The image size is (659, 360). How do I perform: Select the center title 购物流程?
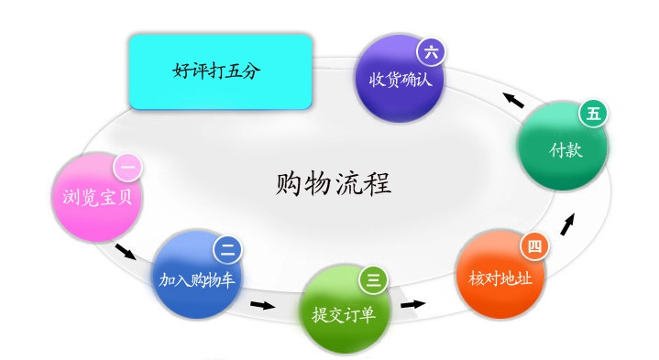[x=333, y=183]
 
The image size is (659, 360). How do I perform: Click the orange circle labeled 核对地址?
[x=500, y=275]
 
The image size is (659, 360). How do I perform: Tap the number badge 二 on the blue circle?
[x=227, y=248]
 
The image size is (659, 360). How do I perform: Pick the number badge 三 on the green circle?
[x=373, y=278]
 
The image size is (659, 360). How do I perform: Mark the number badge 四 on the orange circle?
[x=533, y=245]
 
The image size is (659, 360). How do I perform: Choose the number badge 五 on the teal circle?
[x=593, y=114]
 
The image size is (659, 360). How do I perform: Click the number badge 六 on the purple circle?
[x=431, y=51]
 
